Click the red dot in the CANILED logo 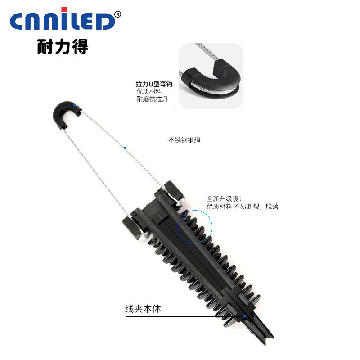tap(64, 9)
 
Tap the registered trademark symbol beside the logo tap(117, 14)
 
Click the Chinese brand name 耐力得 tap(63, 47)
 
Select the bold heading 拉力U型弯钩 tap(154, 84)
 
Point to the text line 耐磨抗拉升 tap(153, 99)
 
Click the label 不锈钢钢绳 tap(184, 140)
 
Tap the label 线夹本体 tap(143, 309)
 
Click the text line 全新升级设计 tap(226, 198)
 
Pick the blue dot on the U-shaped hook tap(74, 105)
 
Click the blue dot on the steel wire tap(125, 148)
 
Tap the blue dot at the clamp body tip tap(244, 316)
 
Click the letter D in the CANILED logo tap(104, 21)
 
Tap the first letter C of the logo tap(17, 21)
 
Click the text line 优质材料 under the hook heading tap(149, 91)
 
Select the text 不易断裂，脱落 tap(256, 207)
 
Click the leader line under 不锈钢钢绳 tap(162, 148)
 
